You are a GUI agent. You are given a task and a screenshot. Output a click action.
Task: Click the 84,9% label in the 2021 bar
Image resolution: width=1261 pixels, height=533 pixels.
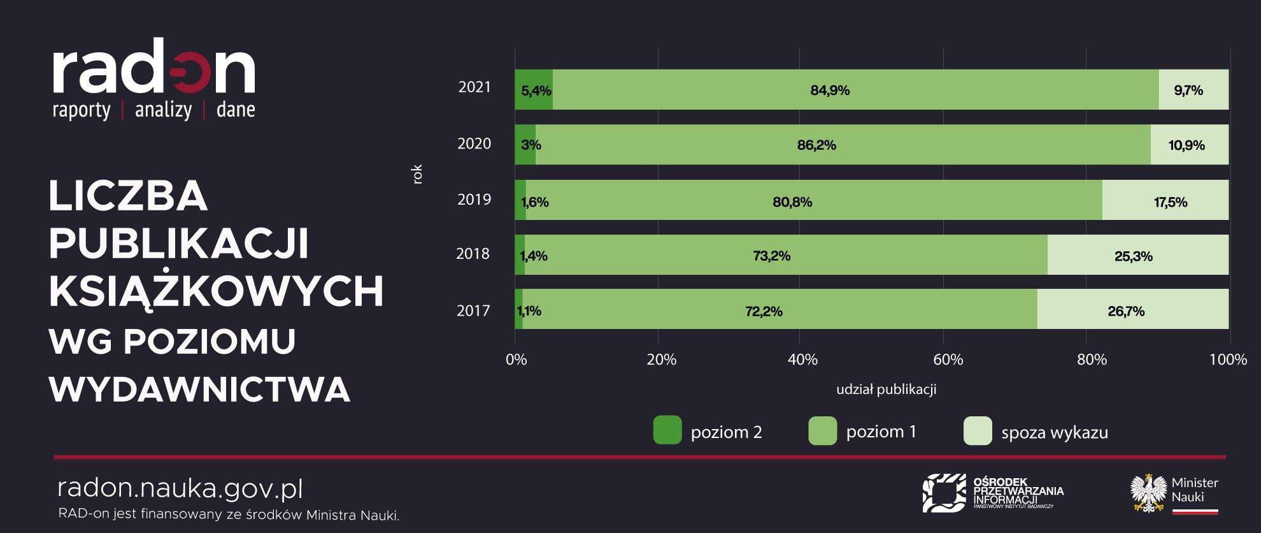coord(830,91)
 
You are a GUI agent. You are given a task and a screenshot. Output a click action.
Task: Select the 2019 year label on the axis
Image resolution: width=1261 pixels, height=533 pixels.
coord(474,200)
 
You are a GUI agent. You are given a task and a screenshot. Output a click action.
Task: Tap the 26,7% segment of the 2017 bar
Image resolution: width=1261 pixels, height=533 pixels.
coord(1126,311)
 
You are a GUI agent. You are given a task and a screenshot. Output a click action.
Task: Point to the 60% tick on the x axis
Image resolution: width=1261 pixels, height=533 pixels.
coord(948,360)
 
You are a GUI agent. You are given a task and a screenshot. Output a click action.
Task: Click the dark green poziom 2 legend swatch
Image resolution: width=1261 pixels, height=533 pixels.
coord(667,430)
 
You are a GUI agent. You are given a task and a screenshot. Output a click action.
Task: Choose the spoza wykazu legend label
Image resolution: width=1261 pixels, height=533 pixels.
coord(1054,432)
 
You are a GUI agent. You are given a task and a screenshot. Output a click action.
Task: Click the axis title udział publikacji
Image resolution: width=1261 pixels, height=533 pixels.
coord(886,389)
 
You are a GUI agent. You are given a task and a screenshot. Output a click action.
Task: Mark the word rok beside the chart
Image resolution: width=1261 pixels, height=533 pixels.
coord(417,174)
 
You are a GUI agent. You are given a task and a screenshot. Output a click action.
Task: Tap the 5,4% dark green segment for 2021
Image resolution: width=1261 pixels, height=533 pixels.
coord(534,90)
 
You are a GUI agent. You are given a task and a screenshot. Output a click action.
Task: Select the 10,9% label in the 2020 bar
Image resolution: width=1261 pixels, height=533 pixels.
coord(1186,145)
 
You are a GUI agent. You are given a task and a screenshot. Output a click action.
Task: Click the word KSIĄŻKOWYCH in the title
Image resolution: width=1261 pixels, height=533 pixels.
coord(216,292)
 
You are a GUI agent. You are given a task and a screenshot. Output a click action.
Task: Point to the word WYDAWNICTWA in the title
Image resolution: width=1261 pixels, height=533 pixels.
coord(199,389)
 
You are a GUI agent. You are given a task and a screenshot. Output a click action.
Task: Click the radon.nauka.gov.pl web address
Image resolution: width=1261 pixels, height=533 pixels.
coord(180,488)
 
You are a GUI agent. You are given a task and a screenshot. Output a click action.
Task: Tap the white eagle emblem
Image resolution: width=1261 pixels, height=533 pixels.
coord(1148,492)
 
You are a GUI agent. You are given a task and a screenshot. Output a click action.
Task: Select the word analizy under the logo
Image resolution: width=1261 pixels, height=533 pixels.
coord(163,110)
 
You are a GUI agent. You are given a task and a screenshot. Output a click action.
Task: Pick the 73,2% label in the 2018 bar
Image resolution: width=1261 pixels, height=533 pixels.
coord(771,256)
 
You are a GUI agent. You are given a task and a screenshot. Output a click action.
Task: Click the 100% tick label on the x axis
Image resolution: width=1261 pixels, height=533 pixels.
coord(1227,360)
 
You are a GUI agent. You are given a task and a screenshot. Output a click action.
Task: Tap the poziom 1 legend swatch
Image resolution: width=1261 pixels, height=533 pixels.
coord(822,430)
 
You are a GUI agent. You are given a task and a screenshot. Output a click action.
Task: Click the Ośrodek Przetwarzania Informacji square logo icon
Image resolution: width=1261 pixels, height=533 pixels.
coord(944,492)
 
